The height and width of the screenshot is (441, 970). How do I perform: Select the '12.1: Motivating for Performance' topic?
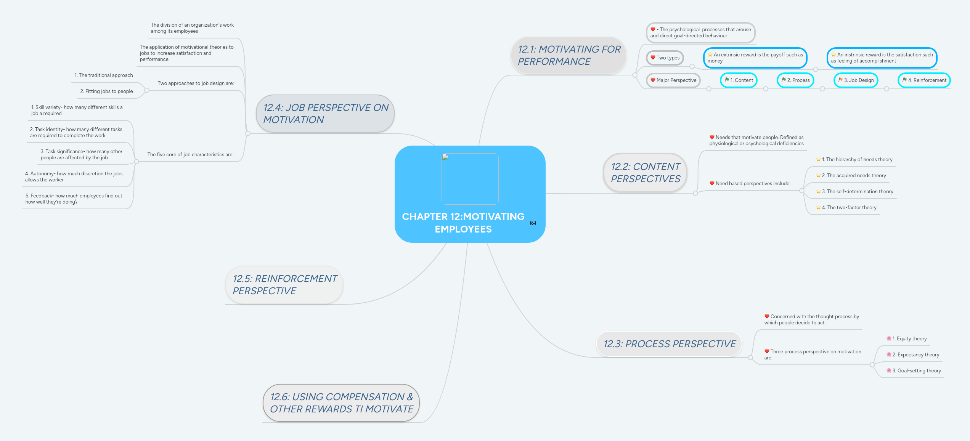(x=569, y=55)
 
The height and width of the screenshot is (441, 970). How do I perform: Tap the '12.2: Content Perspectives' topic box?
(x=645, y=173)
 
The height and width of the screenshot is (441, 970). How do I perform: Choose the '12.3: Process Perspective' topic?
(x=669, y=344)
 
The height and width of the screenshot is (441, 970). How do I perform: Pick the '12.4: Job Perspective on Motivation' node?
(x=325, y=114)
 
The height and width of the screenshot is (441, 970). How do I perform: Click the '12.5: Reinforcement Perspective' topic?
(x=284, y=285)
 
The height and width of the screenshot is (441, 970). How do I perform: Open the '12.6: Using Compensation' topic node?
(x=341, y=403)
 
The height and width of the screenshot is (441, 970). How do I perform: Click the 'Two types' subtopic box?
(x=665, y=58)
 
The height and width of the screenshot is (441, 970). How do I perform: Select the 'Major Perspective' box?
(x=673, y=80)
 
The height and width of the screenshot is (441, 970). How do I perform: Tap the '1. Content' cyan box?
(x=739, y=80)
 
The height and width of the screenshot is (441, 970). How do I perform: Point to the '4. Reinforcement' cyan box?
(x=924, y=80)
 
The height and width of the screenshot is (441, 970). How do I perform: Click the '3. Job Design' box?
(x=856, y=80)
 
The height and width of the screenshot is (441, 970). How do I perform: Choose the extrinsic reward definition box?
(x=755, y=58)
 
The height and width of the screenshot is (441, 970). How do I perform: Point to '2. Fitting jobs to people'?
(x=106, y=91)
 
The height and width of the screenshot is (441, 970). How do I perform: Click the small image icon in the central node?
(x=533, y=223)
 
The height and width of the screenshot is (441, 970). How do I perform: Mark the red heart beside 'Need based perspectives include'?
(x=712, y=183)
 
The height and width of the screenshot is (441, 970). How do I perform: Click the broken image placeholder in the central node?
(x=470, y=179)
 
